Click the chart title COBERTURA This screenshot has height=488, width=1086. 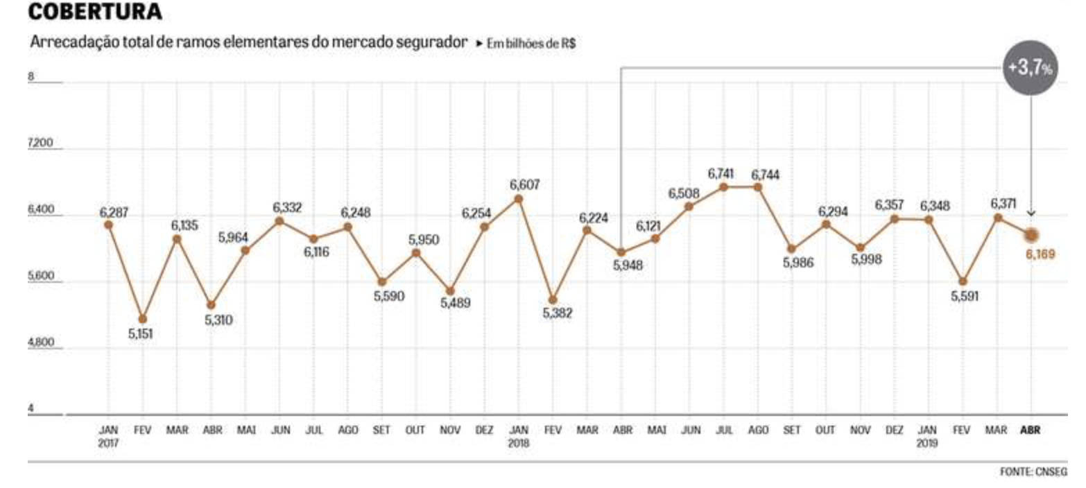[95, 12]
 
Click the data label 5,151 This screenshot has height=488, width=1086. [140, 334]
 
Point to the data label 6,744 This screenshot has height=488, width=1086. [765, 175]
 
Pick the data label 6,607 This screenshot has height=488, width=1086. [524, 185]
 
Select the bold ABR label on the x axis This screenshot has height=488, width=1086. [1031, 430]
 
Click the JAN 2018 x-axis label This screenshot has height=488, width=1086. [518, 436]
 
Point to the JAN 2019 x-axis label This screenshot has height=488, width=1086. [927, 436]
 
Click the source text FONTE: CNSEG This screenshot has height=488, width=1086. [1033, 472]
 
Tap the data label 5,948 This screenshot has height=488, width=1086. [628, 265]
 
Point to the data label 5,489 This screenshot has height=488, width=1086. [455, 303]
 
